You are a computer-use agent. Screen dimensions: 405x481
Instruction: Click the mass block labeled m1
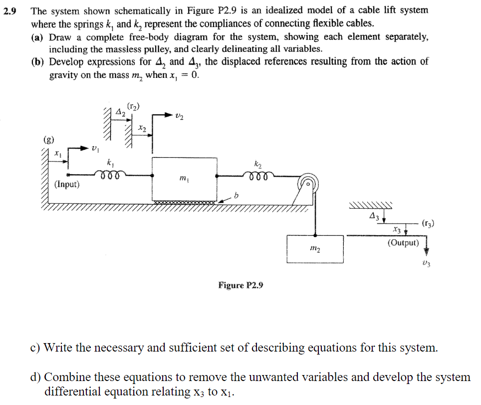(184, 179)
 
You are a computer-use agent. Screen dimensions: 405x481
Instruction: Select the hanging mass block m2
(315, 249)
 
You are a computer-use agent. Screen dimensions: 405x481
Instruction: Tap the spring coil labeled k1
(109, 174)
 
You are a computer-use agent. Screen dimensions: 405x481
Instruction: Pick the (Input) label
(67, 184)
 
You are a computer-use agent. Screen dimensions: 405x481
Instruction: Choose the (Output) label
(403, 243)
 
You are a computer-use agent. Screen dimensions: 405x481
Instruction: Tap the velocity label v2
(180, 116)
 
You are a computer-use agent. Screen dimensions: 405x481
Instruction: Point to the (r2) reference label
(134, 106)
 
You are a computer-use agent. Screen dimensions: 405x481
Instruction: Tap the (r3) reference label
(428, 223)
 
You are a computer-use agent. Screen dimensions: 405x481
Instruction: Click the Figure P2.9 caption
(240, 285)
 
